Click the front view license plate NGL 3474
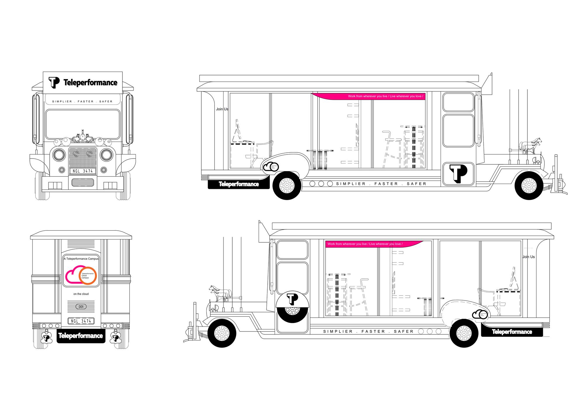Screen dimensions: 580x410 (83, 171)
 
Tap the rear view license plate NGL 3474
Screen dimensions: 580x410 (81, 321)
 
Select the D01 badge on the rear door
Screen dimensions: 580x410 (81, 307)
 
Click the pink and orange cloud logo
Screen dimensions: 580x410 (81, 275)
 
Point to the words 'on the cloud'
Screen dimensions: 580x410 (81, 294)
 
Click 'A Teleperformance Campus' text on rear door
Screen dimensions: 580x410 (81, 259)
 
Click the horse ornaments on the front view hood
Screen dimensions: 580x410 (83, 137)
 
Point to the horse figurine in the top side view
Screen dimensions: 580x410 (531, 146)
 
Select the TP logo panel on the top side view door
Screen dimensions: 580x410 (458, 174)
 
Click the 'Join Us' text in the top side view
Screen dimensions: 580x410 (222, 109)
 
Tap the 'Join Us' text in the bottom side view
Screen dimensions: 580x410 (529, 257)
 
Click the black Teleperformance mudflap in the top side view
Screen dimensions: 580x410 (238, 184)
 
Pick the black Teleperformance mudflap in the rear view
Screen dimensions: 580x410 (81, 336)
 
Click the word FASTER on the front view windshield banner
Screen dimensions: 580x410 (86, 102)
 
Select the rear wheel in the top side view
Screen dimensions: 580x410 (287, 185)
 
